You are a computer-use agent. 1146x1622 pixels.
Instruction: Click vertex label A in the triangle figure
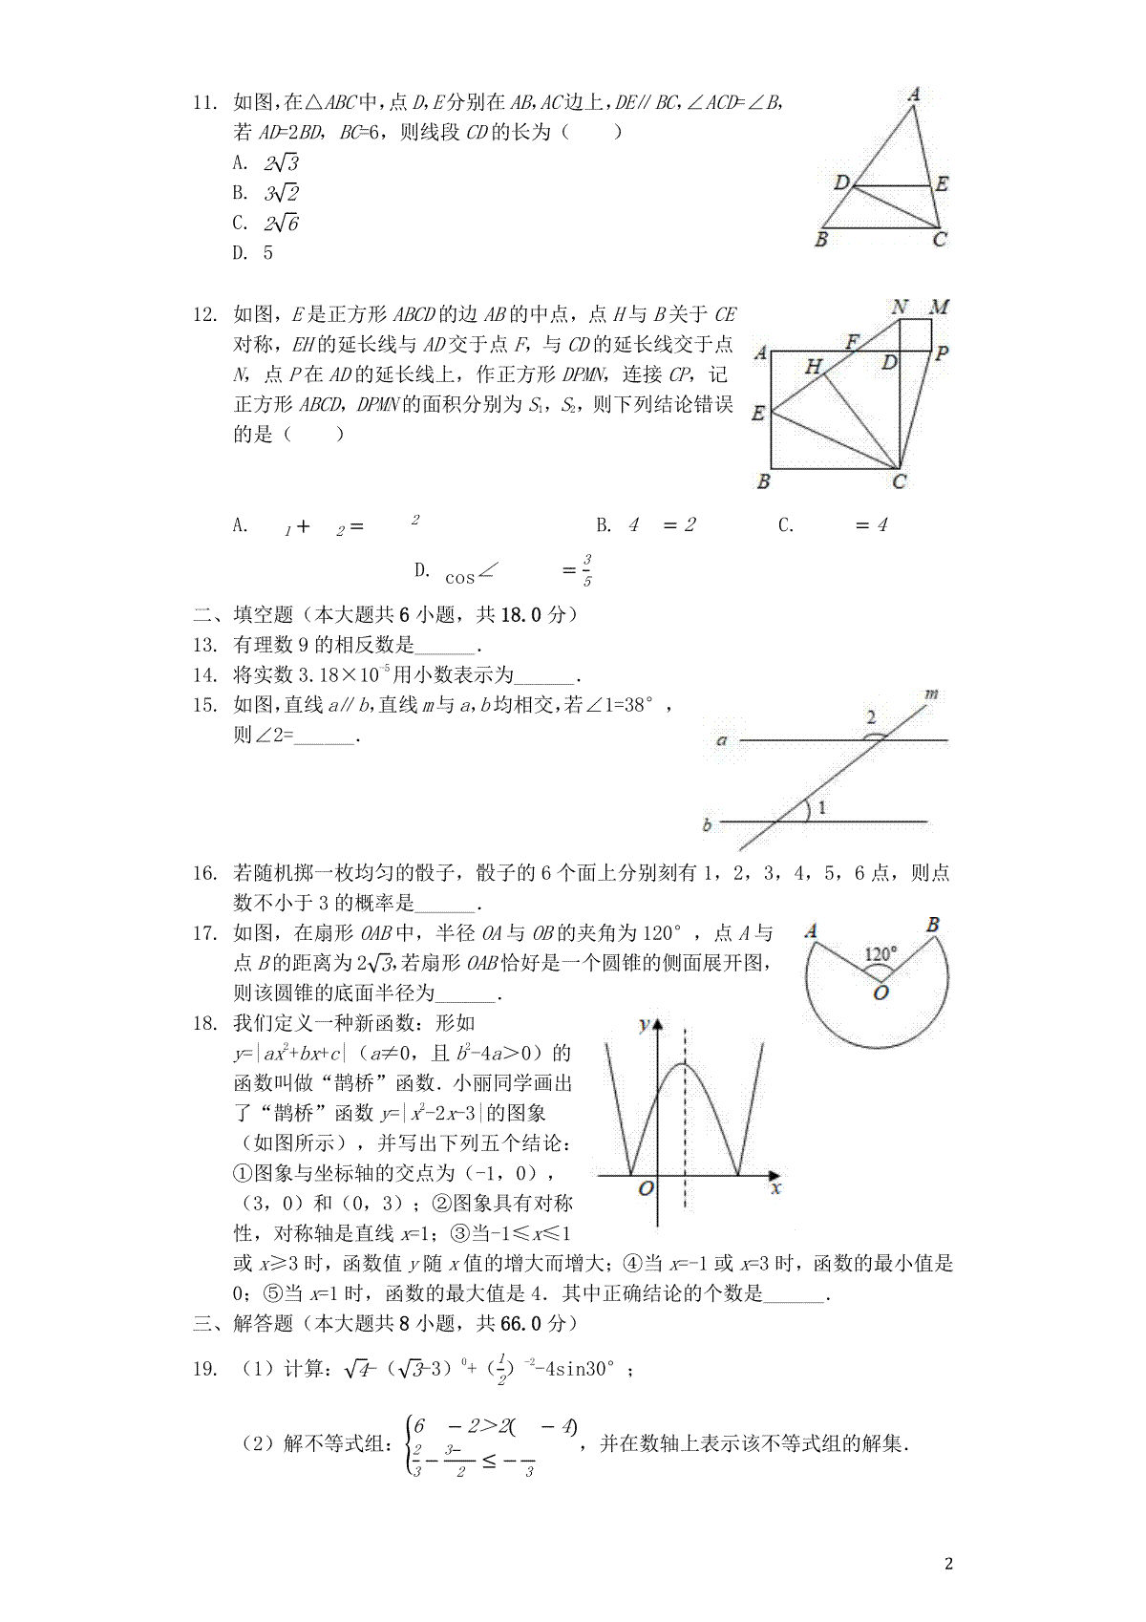pyautogui.click(x=914, y=95)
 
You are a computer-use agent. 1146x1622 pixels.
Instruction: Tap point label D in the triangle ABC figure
pyautogui.click(x=841, y=182)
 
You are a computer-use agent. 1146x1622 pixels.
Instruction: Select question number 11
pyautogui.click(x=205, y=103)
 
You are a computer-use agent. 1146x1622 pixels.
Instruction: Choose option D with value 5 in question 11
pyautogui.click(x=253, y=253)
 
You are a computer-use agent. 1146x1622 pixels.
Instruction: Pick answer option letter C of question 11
pyautogui.click(x=239, y=224)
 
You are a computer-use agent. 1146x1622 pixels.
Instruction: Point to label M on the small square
pyautogui.click(x=940, y=308)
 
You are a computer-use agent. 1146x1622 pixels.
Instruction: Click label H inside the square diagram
pyautogui.click(x=813, y=366)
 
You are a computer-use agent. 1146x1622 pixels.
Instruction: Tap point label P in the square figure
pyautogui.click(x=942, y=353)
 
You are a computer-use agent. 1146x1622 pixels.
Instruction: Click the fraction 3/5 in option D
pyautogui.click(x=586, y=570)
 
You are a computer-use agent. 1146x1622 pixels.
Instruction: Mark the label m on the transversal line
pyautogui.click(x=931, y=694)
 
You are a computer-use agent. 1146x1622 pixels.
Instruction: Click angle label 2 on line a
pyautogui.click(x=870, y=717)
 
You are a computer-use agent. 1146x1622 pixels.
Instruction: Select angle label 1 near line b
pyautogui.click(x=821, y=808)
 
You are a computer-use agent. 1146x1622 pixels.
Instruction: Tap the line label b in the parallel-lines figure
pyautogui.click(x=707, y=825)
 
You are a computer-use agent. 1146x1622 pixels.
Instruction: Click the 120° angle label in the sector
pyautogui.click(x=880, y=954)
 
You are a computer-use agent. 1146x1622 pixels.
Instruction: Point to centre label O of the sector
pyautogui.click(x=881, y=993)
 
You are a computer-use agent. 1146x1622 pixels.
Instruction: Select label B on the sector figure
pyautogui.click(x=933, y=925)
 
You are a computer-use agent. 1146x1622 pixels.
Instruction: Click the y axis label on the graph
pyautogui.click(x=644, y=1025)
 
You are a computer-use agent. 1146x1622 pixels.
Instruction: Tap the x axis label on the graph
pyautogui.click(x=775, y=1188)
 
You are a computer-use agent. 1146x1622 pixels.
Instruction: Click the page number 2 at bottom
pyautogui.click(x=948, y=1564)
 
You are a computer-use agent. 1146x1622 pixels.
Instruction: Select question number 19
pyautogui.click(x=205, y=1369)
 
